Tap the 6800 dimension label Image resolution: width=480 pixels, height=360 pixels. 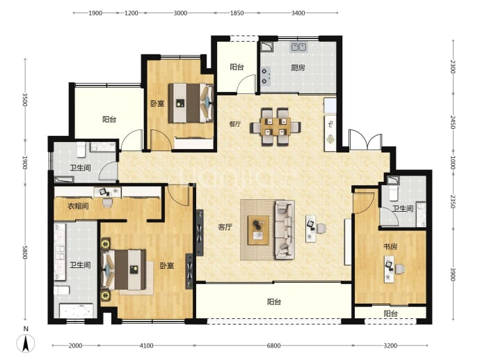pos(273,346)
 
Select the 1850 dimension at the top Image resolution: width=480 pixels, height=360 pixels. pos(237,13)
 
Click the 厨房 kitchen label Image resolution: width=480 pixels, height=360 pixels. pos(298,68)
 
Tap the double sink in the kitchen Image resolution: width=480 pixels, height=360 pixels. pos(298,47)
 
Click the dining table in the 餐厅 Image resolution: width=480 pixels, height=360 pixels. pos(275,127)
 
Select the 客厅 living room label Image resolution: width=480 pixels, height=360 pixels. pos(225,227)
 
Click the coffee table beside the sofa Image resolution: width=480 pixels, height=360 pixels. pos(258,230)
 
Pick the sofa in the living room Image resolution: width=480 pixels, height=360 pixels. pos(285,230)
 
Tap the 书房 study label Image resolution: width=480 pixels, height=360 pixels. pos(390,246)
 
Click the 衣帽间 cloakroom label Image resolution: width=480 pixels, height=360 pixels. pos(78,206)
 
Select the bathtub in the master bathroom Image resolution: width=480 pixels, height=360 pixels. pos(76,311)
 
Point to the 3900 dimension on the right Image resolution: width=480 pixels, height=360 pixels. pos(453,274)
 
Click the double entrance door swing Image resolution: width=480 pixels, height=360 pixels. pos(365,140)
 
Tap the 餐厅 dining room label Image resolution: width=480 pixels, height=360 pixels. pos(235,124)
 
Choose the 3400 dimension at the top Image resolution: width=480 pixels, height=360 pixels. pos(298,13)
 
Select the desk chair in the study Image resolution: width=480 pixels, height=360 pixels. pos(400,269)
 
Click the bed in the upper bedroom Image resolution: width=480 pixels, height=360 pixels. pos(191,103)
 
